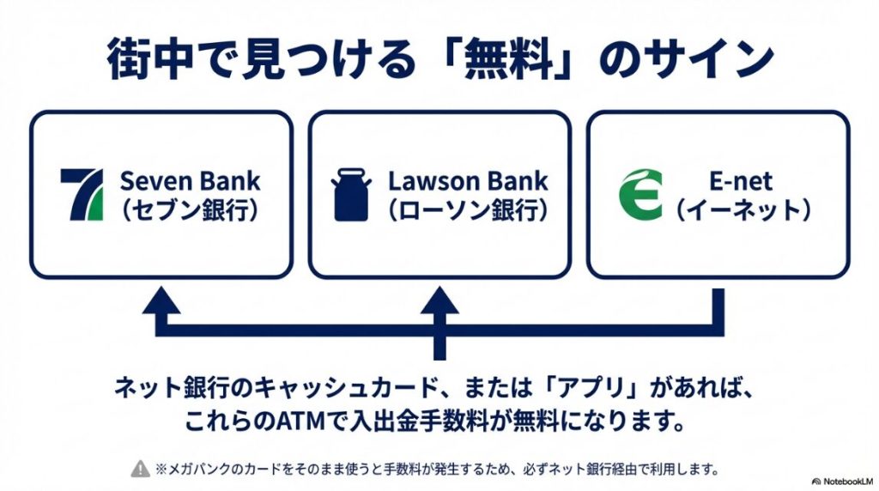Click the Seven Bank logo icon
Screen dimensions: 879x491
(x=82, y=195)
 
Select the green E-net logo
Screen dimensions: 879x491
(x=640, y=195)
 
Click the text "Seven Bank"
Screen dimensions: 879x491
(x=190, y=181)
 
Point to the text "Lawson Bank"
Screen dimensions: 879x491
(x=468, y=181)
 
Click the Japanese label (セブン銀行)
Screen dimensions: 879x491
(x=190, y=210)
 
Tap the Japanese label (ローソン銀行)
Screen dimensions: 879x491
(x=468, y=210)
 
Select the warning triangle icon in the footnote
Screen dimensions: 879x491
(x=139, y=469)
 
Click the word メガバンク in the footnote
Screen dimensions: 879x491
(x=191, y=469)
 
